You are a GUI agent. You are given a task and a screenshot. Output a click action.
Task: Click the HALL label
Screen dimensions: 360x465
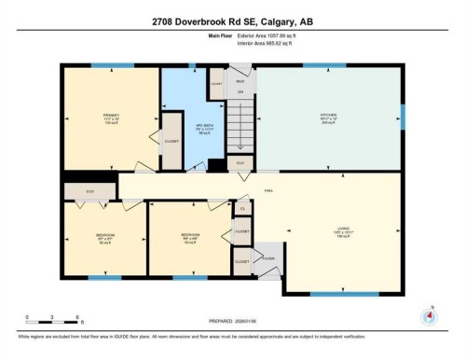pyautogui.click(x=268, y=190)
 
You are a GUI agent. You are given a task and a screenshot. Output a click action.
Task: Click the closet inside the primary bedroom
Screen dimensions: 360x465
pyautogui.click(x=171, y=141)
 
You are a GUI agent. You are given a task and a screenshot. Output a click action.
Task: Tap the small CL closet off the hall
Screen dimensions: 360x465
pyautogui.click(x=241, y=208)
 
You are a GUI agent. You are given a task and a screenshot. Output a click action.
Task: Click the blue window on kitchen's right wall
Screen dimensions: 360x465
pyautogui.click(x=403, y=116)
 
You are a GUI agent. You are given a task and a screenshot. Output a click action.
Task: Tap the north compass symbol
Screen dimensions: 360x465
pyautogui.click(x=429, y=315)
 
